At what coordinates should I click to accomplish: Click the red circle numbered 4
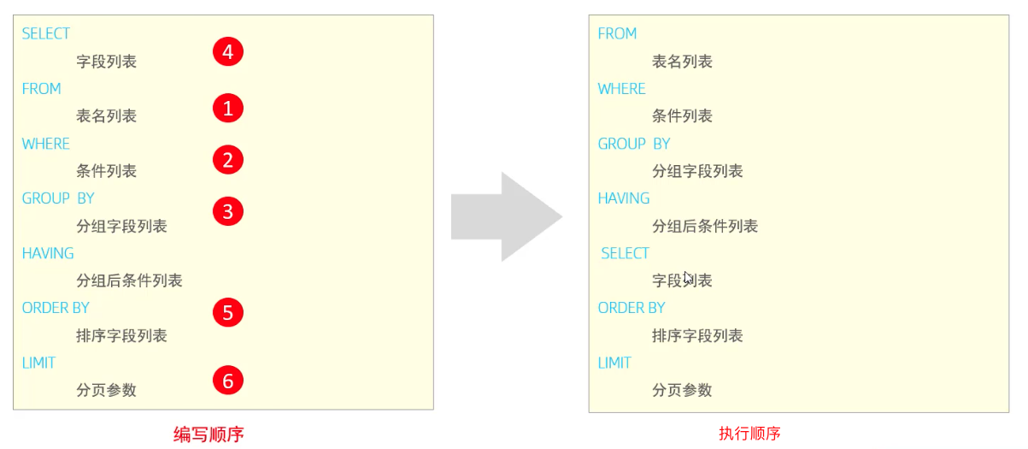click(227, 52)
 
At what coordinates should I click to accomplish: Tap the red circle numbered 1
click(227, 108)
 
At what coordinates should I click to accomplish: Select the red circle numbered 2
click(227, 160)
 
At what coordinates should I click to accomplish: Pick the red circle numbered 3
click(227, 211)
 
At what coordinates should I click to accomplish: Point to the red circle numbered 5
click(227, 313)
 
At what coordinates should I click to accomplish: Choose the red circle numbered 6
click(227, 381)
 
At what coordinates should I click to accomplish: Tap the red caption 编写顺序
click(209, 434)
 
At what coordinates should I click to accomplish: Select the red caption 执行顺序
click(749, 434)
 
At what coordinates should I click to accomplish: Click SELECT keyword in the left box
click(46, 33)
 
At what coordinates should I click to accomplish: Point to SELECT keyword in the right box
click(625, 253)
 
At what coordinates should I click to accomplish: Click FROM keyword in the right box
click(617, 33)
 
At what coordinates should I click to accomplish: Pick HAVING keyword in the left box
click(48, 253)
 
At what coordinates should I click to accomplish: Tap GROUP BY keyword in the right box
click(634, 144)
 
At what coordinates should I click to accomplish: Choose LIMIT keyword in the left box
click(38, 363)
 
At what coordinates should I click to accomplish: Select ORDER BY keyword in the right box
click(631, 308)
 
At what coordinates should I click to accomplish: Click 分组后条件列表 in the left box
click(129, 281)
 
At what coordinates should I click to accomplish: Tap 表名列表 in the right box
click(682, 62)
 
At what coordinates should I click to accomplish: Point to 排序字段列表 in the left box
click(121, 335)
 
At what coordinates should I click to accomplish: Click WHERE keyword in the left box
click(46, 144)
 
